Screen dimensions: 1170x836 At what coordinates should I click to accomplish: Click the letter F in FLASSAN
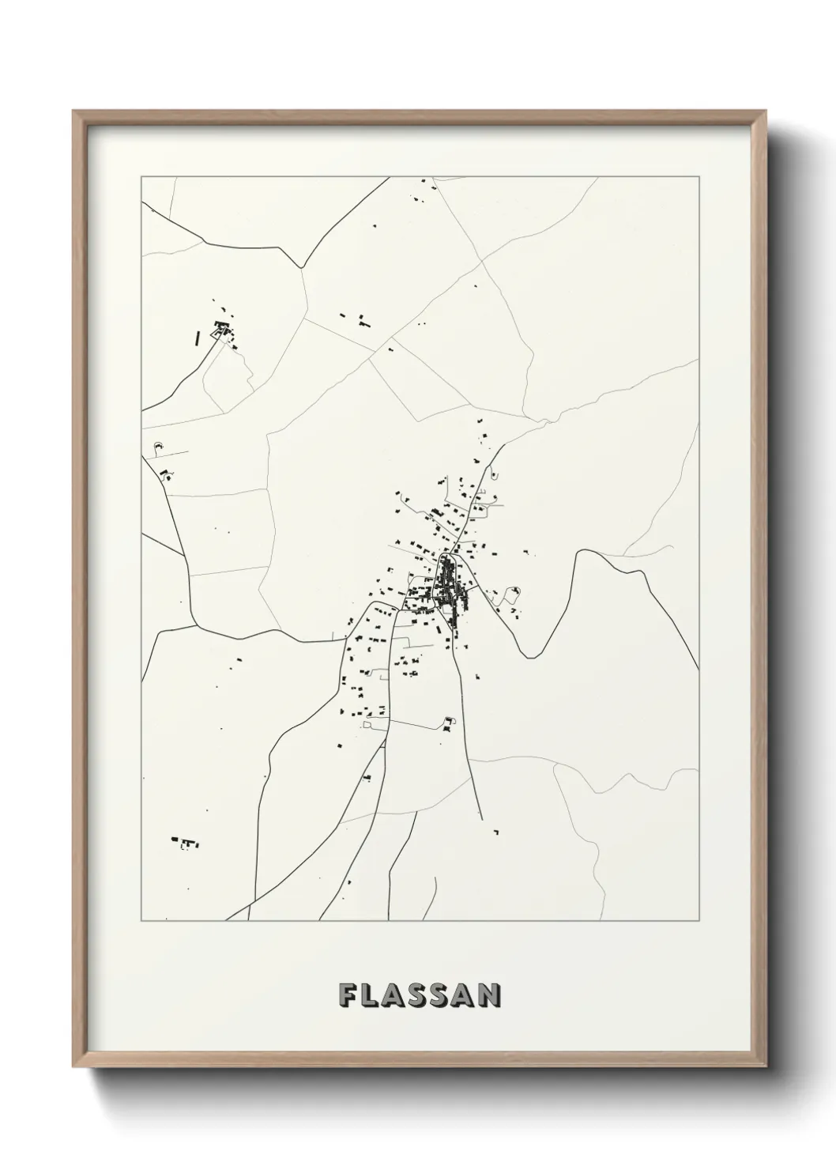click(x=348, y=994)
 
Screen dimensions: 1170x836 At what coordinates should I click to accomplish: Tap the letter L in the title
click(x=371, y=994)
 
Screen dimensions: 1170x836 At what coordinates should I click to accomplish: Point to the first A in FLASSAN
click(x=394, y=994)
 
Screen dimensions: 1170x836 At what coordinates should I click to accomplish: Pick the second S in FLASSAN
click(x=442, y=994)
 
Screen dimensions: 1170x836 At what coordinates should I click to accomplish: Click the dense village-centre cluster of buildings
click(x=446, y=589)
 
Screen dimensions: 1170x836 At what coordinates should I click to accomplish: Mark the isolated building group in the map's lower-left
click(x=184, y=842)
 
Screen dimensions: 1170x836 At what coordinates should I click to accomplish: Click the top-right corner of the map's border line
click(x=700, y=176)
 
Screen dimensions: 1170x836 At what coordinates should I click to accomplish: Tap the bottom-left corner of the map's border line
click(x=141, y=920)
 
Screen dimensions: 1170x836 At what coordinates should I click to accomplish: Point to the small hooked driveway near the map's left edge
click(x=156, y=448)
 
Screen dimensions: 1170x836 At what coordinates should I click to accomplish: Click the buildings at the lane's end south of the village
click(x=449, y=723)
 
